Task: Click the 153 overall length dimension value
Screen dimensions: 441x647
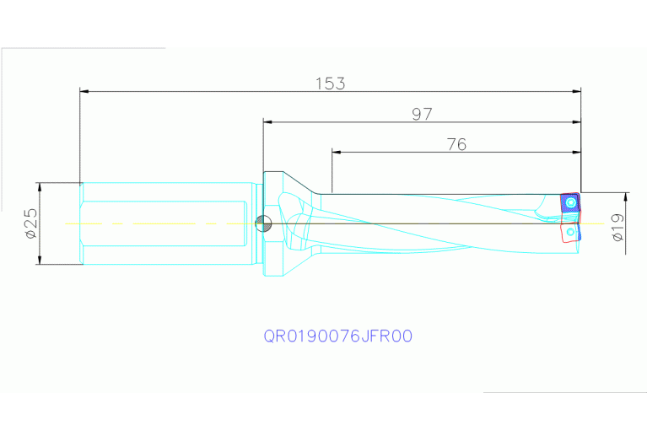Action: (331, 83)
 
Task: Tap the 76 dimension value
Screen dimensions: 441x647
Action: (456, 144)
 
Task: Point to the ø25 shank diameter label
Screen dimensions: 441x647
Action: (30, 223)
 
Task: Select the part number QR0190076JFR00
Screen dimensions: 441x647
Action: (337, 336)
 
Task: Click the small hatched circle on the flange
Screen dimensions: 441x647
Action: (263, 223)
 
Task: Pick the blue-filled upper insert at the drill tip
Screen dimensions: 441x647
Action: (570, 204)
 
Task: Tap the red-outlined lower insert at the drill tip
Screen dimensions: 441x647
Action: (572, 231)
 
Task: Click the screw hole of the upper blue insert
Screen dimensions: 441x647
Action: (573, 203)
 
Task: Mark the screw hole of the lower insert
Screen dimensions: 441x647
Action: (572, 230)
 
